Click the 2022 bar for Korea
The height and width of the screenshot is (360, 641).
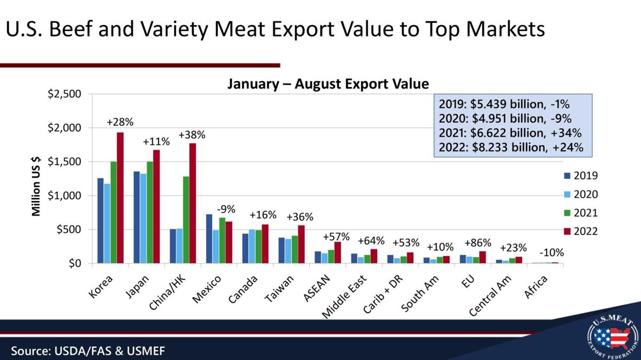click(x=120, y=198)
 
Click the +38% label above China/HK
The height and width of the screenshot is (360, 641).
click(x=192, y=135)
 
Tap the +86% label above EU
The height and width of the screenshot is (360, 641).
click(x=478, y=242)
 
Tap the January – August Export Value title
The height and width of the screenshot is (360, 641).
click(x=328, y=84)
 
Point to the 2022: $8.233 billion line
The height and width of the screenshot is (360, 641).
click(x=511, y=147)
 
